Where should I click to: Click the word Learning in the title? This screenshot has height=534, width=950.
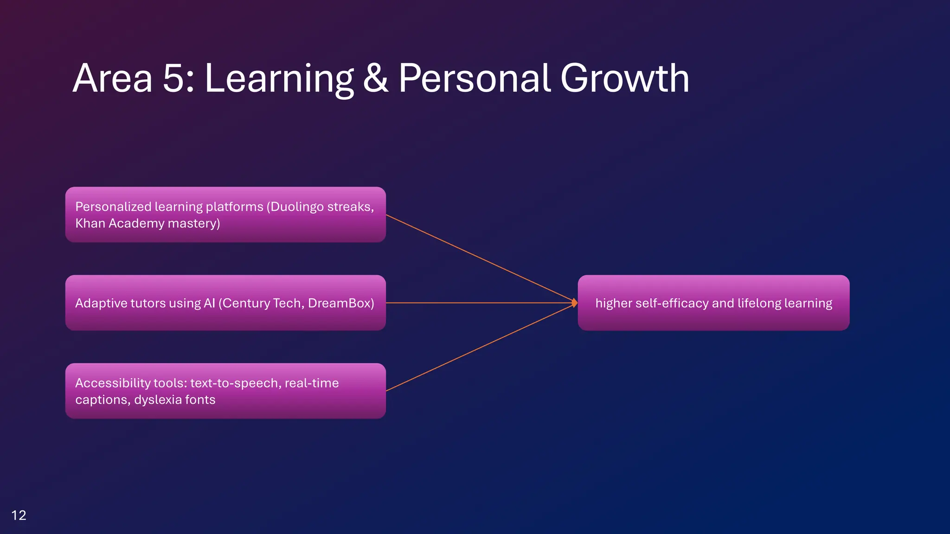[x=279, y=79]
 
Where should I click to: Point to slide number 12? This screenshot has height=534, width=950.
[x=19, y=515]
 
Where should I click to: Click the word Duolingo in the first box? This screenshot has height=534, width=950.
[x=297, y=206]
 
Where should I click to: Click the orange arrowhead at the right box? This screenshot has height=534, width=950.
[x=574, y=303]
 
